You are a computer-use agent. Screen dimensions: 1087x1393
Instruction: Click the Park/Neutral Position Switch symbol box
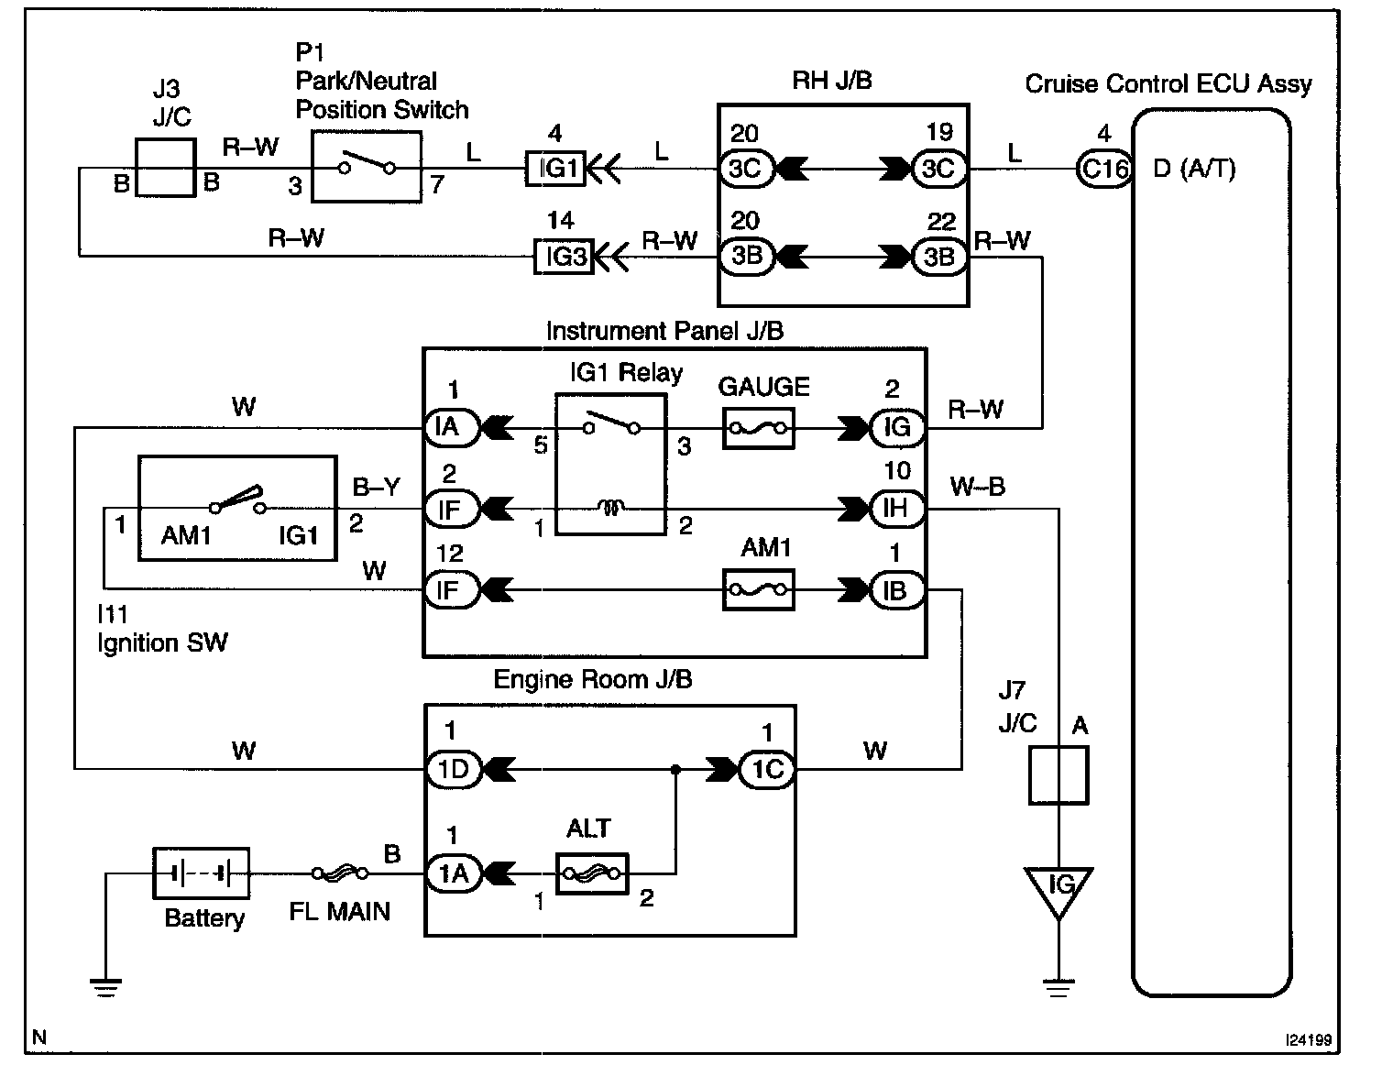click(x=366, y=166)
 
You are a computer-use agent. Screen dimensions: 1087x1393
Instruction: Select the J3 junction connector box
click(x=165, y=168)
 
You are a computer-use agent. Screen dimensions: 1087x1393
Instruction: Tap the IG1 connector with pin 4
click(x=555, y=170)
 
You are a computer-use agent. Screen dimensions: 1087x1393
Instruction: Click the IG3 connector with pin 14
click(x=564, y=257)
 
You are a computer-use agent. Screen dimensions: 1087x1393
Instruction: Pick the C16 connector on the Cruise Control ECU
click(x=1103, y=170)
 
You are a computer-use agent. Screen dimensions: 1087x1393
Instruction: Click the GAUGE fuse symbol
click(x=758, y=428)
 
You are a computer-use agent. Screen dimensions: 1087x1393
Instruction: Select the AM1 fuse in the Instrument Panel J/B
click(x=758, y=590)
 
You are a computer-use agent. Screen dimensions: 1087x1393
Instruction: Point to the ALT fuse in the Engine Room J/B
click(x=592, y=873)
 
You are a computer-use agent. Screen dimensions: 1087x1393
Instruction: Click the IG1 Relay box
click(x=610, y=464)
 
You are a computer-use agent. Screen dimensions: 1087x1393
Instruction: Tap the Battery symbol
click(x=200, y=873)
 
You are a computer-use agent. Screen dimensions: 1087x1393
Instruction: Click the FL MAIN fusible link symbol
click(x=340, y=873)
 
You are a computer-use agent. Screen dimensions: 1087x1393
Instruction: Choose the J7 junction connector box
click(x=1058, y=775)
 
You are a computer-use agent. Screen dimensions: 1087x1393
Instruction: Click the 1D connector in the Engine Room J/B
click(x=453, y=770)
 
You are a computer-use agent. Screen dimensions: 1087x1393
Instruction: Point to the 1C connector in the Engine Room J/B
click(x=767, y=770)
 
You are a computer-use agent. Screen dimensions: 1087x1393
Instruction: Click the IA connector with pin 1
click(x=451, y=427)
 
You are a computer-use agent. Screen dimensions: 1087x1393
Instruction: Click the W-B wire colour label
click(x=977, y=487)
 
